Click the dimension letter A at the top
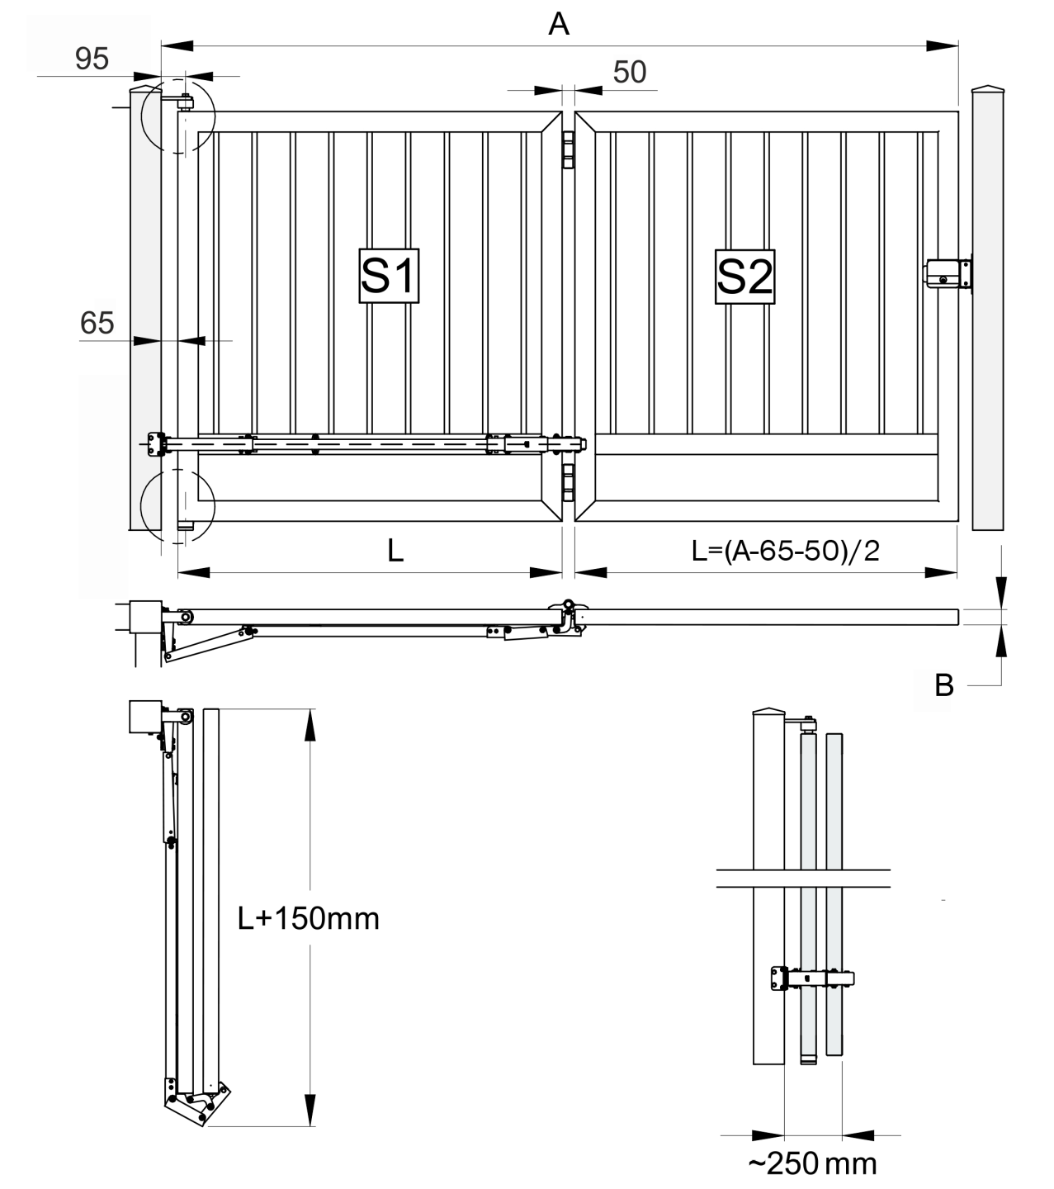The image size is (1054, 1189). [x=559, y=25]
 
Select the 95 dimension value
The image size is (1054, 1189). [x=92, y=59]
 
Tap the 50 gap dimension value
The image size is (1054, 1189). [x=630, y=73]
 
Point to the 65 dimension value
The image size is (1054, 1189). [x=97, y=323]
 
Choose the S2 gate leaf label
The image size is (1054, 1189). [x=744, y=276]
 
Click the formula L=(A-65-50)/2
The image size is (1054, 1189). [x=786, y=550]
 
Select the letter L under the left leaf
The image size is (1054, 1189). [x=395, y=552]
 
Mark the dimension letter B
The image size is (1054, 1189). [x=944, y=685]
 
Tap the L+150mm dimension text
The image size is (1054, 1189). [x=308, y=917]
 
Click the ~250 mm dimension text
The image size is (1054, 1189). [x=812, y=1163]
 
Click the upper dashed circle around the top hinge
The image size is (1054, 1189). [x=177, y=116]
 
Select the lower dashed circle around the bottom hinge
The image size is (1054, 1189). [x=177, y=504]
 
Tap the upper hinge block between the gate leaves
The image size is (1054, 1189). [x=568, y=149]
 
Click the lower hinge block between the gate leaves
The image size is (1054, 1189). [x=568, y=483]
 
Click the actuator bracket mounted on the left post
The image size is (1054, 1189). [x=156, y=443]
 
